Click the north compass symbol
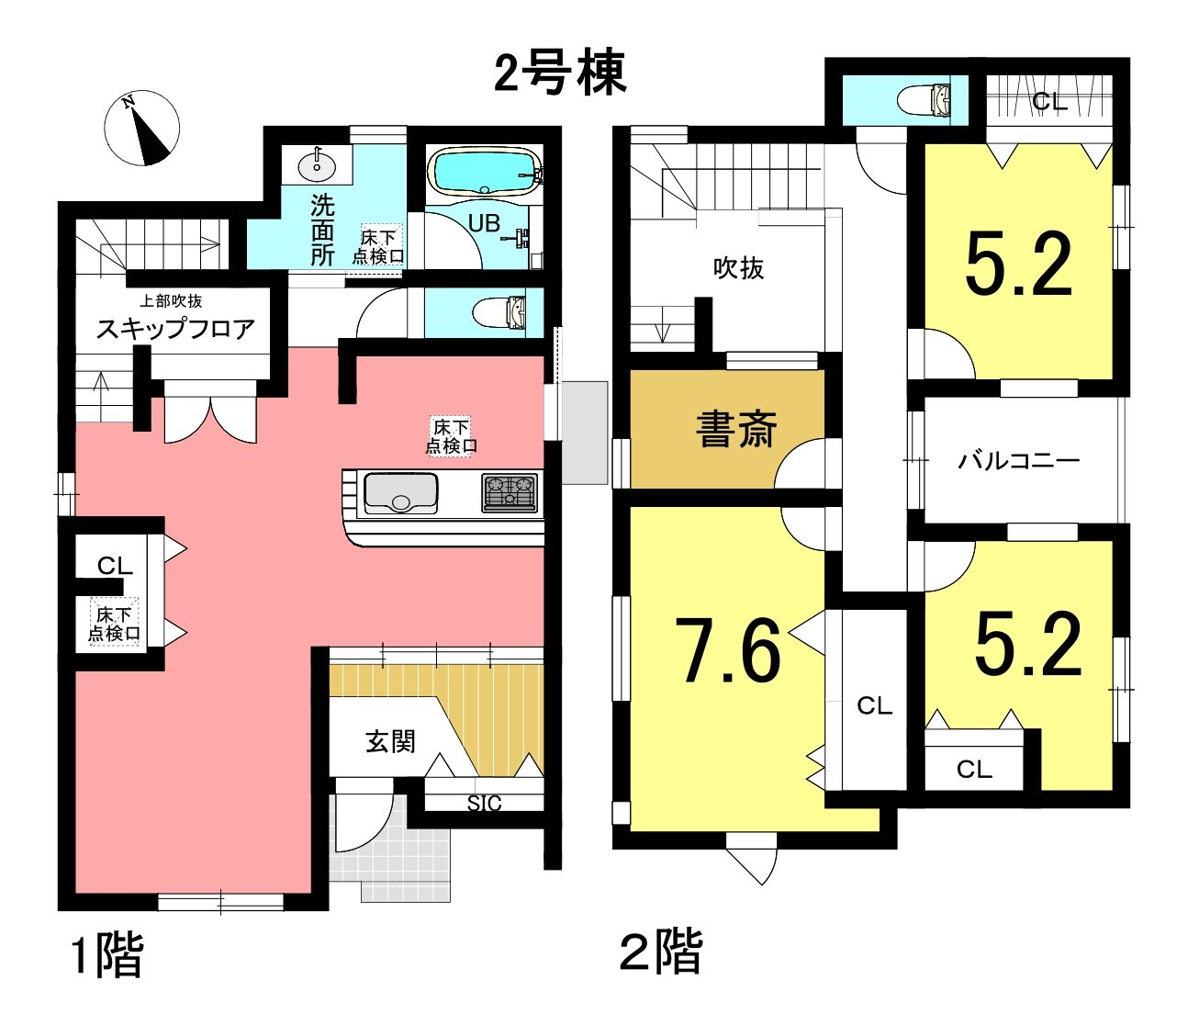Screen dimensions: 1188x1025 142,129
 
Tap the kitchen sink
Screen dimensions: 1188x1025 401,493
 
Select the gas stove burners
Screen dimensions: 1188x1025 510,492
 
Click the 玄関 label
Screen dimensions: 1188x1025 390,741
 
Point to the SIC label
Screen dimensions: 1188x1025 484,803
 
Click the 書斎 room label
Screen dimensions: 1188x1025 736,430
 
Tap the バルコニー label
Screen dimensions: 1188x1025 1019,461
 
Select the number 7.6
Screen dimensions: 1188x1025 728,651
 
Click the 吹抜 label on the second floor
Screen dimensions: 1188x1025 738,268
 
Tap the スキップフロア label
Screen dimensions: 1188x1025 175,330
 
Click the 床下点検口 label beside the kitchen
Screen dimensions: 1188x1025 451,437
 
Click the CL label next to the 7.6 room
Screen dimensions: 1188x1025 874,705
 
